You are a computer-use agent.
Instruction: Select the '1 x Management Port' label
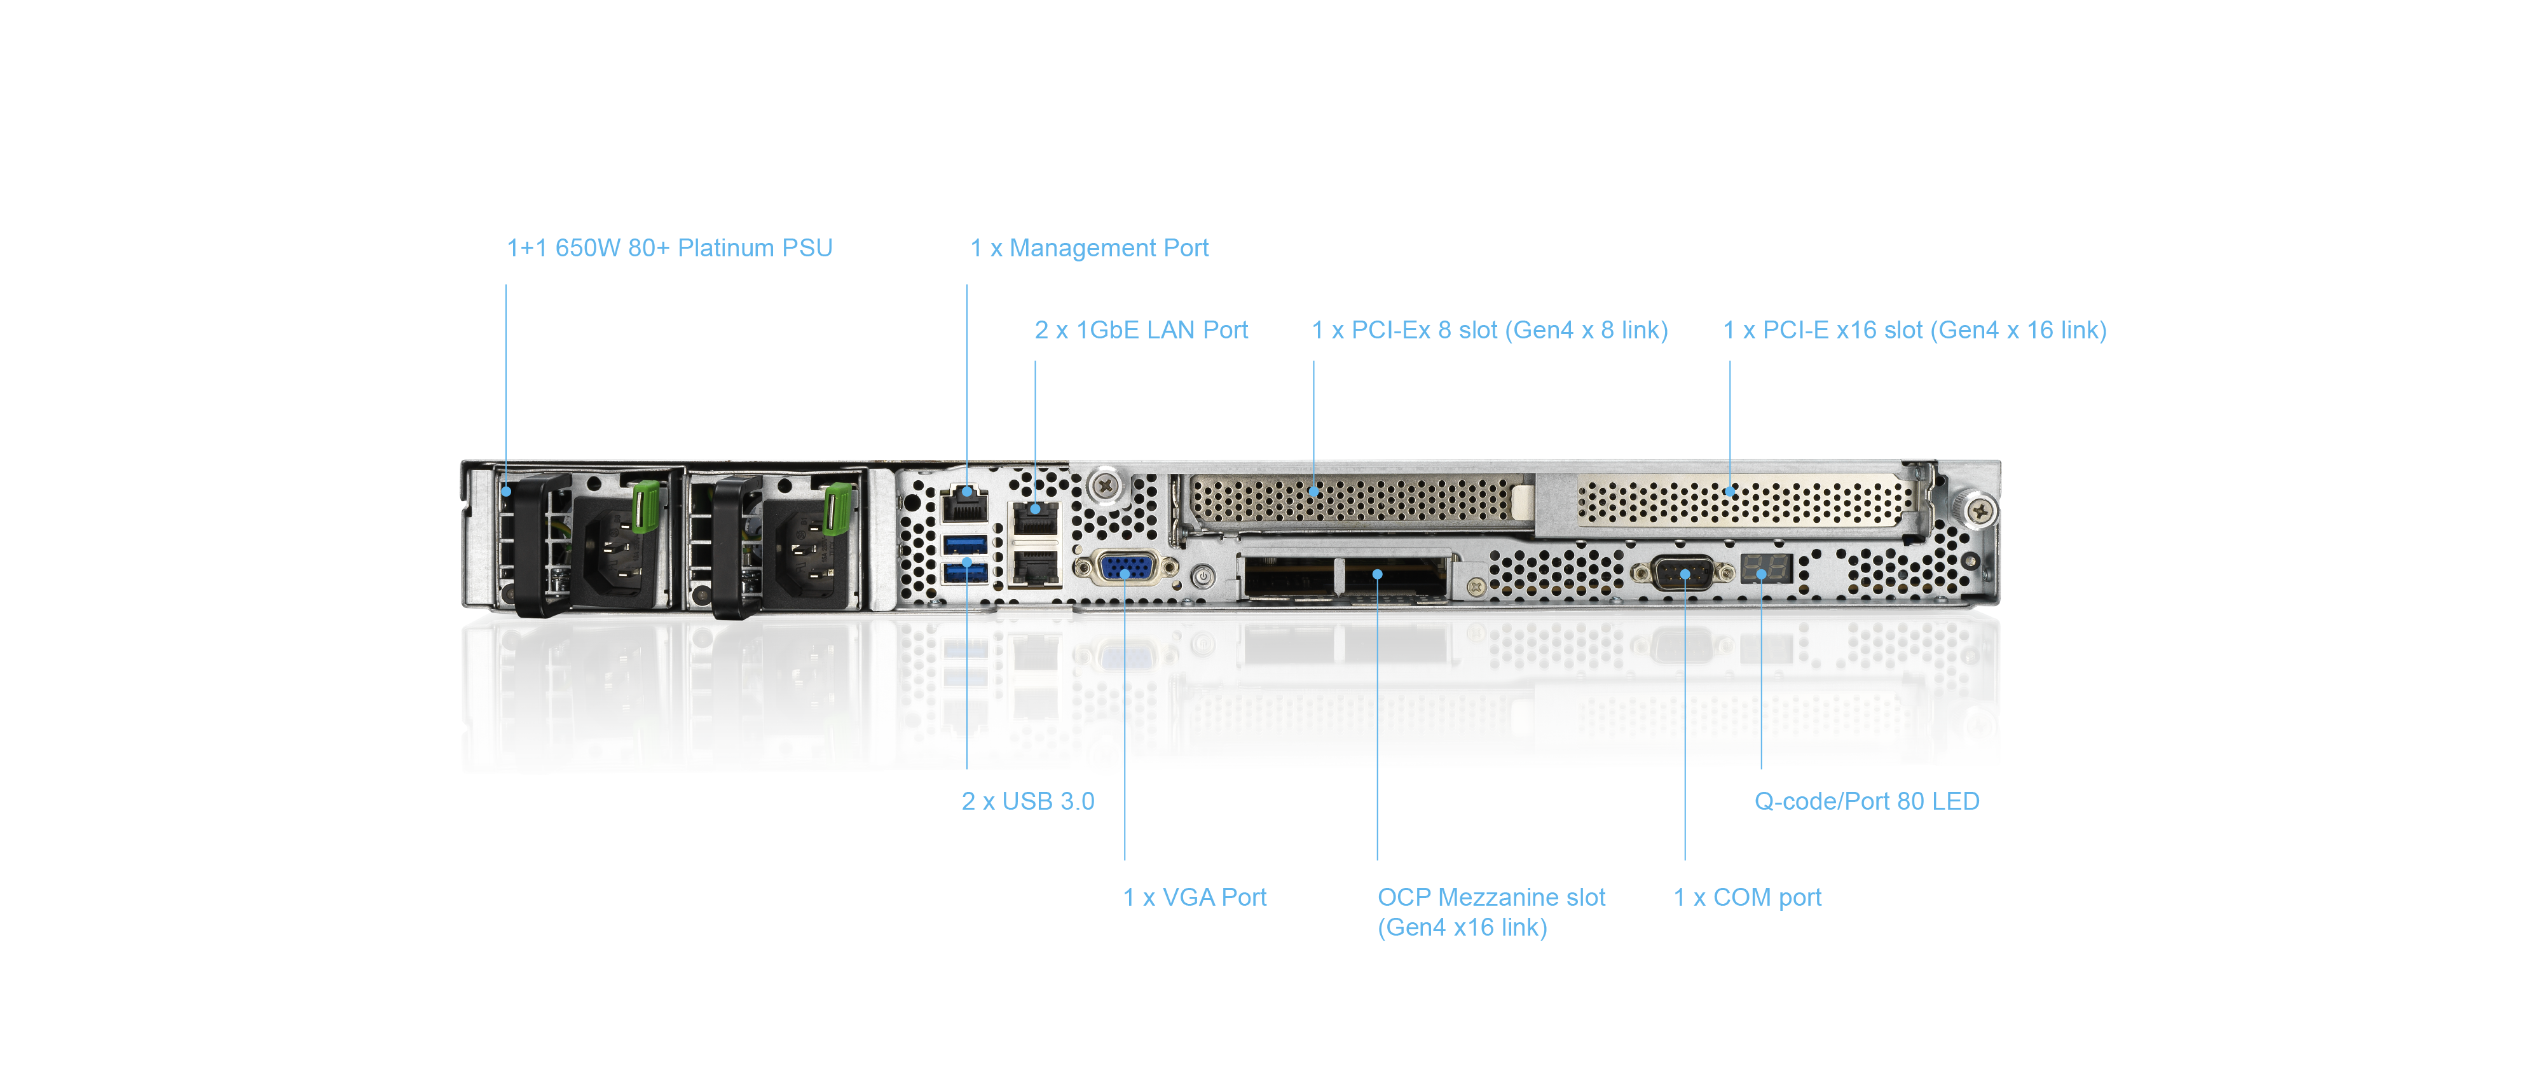[1089, 248]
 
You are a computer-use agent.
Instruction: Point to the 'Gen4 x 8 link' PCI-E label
[1489, 329]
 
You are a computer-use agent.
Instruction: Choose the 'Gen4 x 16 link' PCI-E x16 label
[1914, 329]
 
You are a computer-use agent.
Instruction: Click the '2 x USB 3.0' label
[1027, 801]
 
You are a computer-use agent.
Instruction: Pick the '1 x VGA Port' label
[1195, 896]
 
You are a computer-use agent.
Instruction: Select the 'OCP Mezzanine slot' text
[1491, 896]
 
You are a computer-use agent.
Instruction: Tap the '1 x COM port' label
[1747, 896]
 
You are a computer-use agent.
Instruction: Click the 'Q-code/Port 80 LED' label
[1866, 801]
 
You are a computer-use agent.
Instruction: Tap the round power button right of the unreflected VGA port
[1202, 574]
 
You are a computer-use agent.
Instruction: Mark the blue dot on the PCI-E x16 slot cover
[1729, 490]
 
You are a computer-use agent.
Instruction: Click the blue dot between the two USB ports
[966, 562]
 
